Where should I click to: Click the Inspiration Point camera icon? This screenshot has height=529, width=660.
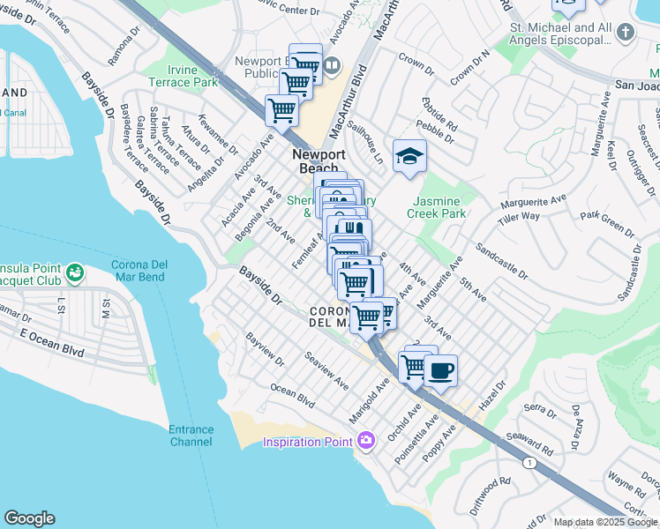tap(367, 440)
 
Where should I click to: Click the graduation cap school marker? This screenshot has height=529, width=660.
tap(409, 156)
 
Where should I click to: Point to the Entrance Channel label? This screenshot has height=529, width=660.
tap(191, 436)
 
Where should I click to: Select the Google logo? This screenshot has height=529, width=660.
tap(29, 518)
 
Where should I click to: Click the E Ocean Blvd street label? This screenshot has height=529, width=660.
tap(52, 339)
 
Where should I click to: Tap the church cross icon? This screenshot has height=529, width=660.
tap(626, 33)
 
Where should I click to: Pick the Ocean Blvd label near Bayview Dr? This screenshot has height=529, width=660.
tap(292, 395)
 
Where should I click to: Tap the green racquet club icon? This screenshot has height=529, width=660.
tap(76, 273)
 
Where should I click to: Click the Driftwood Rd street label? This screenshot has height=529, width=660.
tap(491, 494)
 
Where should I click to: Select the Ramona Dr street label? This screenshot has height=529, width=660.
tap(124, 51)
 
